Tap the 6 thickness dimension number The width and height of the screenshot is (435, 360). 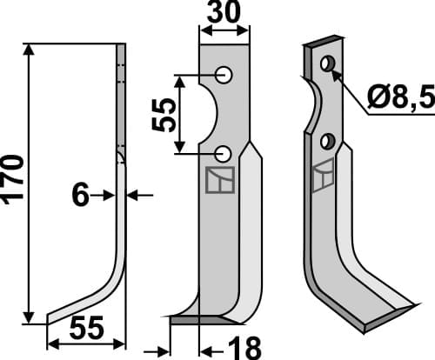click(x=80, y=196)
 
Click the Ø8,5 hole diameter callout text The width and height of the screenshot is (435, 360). click(x=401, y=100)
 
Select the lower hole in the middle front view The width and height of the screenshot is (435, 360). click(x=224, y=154)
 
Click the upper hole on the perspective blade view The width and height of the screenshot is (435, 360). click(x=327, y=65)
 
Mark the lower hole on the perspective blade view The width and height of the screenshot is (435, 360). click(x=327, y=141)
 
